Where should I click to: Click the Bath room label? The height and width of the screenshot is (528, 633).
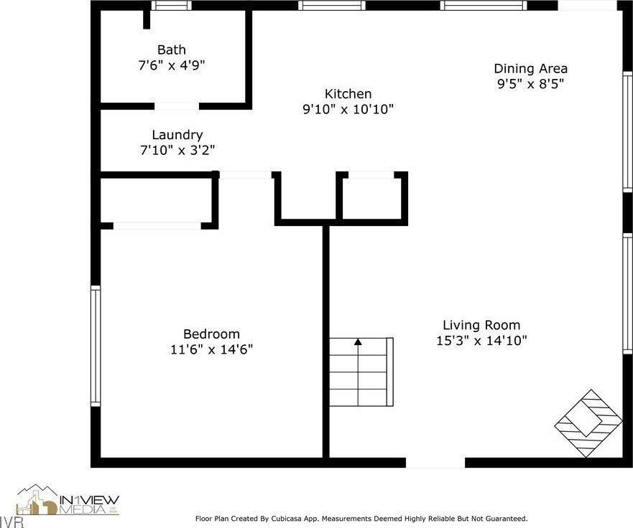[172, 50]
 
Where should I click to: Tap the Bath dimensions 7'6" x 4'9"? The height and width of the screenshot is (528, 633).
[172, 65]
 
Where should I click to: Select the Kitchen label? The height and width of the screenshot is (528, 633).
[348, 94]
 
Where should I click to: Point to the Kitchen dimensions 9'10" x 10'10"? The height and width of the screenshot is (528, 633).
[348, 109]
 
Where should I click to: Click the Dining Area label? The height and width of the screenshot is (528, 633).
[530, 69]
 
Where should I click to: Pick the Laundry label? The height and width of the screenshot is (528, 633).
[177, 136]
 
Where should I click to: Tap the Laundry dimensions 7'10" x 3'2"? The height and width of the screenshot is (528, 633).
[177, 151]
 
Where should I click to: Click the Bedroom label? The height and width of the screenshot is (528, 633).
[211, 334]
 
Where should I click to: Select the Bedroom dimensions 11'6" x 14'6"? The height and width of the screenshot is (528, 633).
[211, 349]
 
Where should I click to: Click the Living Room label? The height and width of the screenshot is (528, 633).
[481, 325]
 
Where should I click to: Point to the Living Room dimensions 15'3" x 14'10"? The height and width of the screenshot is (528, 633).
[481, 341]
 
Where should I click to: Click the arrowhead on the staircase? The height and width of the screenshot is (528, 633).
[358, 341]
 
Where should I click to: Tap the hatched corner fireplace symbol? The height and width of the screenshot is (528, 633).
[588, 423]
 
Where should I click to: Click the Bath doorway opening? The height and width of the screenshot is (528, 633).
[177, 106]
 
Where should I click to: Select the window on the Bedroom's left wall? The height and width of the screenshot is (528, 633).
[96, 346]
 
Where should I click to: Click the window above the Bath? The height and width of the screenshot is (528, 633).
[172, 5]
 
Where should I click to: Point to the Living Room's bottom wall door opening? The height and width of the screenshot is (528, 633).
[435, 463]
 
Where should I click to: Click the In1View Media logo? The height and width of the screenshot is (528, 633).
[68, 500]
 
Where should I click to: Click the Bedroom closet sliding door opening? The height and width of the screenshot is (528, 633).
[157, 226]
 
